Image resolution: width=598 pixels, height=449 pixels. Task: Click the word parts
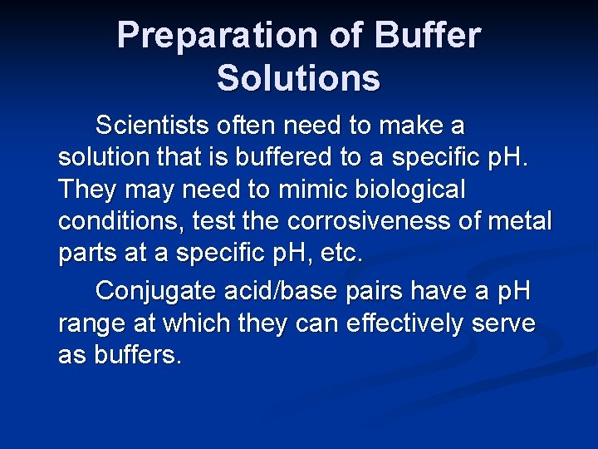87,253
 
